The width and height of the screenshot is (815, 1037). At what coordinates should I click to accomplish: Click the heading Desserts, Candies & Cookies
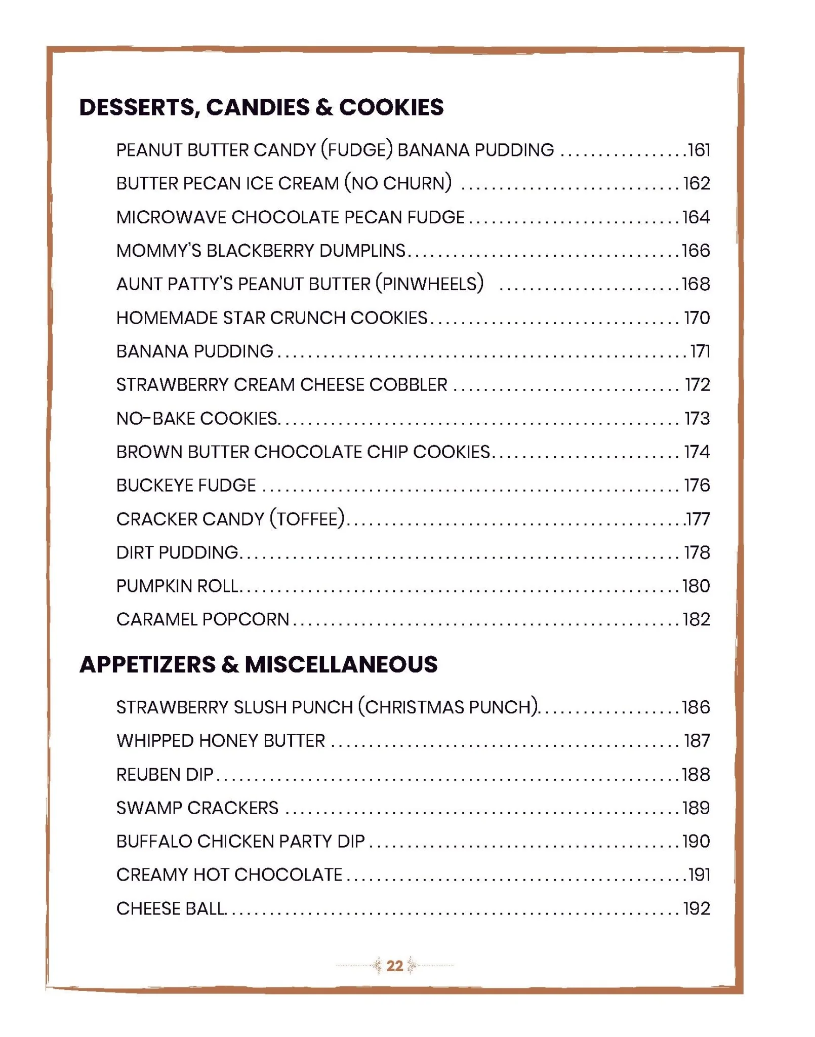point(261,107)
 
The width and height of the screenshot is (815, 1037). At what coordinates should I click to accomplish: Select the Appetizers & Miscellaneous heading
point(258,664)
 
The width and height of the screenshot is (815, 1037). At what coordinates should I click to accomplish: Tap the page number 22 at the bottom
point(394,966)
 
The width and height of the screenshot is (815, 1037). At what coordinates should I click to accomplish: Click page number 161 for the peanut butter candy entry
point(699,150)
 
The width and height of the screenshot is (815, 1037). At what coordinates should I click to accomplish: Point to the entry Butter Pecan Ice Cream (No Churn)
point(284,183)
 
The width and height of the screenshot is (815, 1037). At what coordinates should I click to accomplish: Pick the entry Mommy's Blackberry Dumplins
point(261,251)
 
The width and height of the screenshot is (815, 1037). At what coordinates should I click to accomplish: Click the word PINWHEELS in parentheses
point(429,284)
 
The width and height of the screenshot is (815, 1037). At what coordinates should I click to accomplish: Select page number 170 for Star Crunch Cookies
point(697,318)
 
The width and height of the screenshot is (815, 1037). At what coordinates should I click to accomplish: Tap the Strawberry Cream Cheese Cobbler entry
point(281,385)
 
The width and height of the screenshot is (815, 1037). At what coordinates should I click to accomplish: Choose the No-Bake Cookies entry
point(196,419)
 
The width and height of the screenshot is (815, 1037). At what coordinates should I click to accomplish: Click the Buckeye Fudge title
point(186,486)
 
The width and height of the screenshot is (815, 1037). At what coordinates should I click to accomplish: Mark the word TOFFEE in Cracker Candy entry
point(307,519)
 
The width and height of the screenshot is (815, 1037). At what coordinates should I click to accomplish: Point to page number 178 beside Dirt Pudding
point(697,552)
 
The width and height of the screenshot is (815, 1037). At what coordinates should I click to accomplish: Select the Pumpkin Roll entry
point(177,586)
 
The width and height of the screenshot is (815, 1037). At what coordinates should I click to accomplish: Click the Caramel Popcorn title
point(202,619)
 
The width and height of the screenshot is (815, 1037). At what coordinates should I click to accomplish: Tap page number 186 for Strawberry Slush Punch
point(696,707)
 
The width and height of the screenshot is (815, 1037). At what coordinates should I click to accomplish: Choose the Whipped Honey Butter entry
point(221,741)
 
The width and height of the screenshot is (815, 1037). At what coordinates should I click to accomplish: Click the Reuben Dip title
point(165,775)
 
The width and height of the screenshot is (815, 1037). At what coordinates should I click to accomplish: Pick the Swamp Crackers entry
point(197,808)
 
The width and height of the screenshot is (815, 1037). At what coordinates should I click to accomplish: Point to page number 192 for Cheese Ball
point(697,909)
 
